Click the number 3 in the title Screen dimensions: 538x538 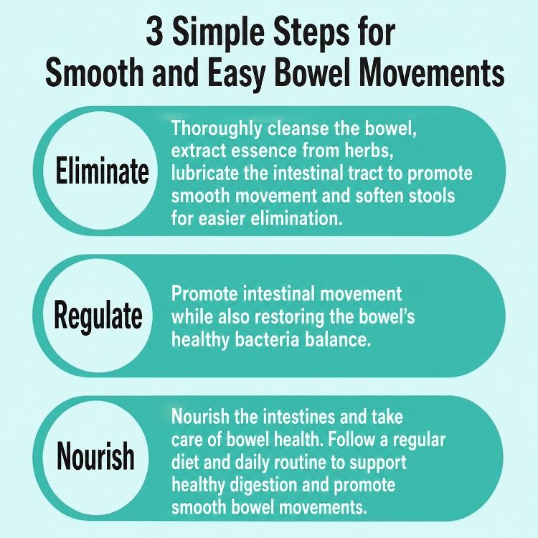(154, 33)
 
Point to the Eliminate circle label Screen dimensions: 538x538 (103, 171)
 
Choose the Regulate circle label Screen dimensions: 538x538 (98, 316)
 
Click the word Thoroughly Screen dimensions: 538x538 (217, 128)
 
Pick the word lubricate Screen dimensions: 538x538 (205, 174)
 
